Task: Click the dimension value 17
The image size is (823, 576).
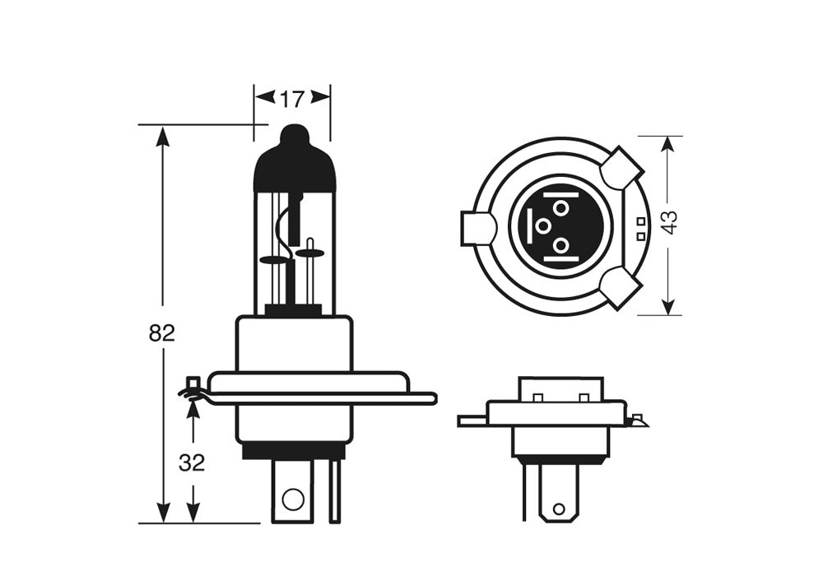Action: (291, 100)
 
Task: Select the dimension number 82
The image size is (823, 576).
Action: (162, 333)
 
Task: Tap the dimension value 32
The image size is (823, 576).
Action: (192, 463)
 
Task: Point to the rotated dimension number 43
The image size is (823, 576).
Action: (670, 222)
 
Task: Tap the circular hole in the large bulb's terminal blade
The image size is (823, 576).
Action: (292, 498)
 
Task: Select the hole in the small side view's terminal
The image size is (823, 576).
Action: (558, 509)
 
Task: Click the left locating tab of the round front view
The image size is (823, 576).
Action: (477, 228)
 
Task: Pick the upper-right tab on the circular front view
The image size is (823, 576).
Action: (621, 169)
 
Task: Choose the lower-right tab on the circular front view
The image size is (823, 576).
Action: (621, 288)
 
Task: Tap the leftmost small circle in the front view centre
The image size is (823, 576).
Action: (542, 225)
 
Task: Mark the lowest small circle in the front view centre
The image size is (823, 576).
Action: (560, 244)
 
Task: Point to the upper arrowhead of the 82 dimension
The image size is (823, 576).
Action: (163, 137)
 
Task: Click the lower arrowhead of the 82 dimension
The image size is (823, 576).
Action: (163, 512)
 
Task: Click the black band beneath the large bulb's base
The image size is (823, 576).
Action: (293, 451)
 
